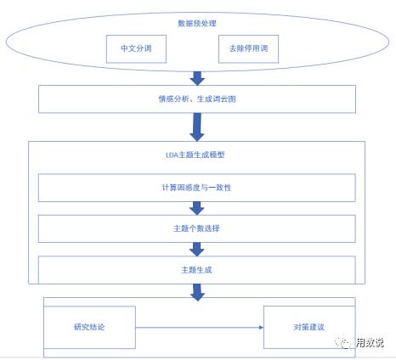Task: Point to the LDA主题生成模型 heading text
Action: (x=197, y=155)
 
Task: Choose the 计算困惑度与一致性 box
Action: (x=197, y=187)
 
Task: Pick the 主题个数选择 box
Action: (x=197, y=228)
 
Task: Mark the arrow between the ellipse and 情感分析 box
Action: (x=197, y=79)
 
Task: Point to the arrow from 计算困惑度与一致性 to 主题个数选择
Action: (x=197, y=208)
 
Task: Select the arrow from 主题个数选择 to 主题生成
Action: (x=197, y=248)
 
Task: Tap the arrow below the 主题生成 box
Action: (x=197, y=290)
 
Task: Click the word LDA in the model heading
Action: (x=173, y=155)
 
